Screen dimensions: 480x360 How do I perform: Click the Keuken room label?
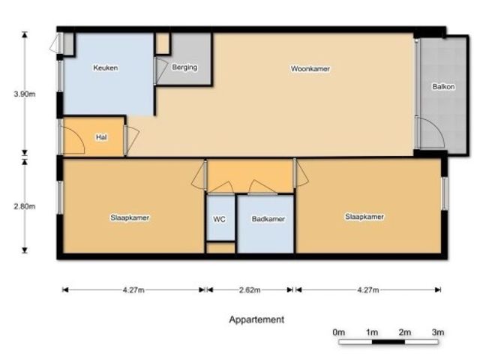[x=105, y=67]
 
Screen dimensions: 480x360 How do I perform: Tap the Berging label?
[x=184, y=67]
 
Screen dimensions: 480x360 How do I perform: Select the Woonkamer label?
[x=310, y=68]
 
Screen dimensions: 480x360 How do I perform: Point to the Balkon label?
[x=443, y=87]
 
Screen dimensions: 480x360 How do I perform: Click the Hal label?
[x=101, y=137]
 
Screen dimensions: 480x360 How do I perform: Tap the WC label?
[x=219, y=219]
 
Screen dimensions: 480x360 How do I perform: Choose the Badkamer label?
[x=268, y=219]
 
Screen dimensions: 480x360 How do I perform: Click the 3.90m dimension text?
[x=25, y=94]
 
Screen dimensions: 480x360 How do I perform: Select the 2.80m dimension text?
[x=25, y=206]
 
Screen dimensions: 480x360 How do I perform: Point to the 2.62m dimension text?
[x=250, y=290]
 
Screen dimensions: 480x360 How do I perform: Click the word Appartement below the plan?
[x=256, y=319]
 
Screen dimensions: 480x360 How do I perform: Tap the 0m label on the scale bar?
[x=338, y=332]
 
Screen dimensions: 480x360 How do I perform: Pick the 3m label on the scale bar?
[x=438, y=332]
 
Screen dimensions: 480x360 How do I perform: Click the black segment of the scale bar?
[x=388, y=342]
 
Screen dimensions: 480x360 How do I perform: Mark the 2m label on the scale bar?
[x=405, y=332]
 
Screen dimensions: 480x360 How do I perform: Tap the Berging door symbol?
[x=161, y=70]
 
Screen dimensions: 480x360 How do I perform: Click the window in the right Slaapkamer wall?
[x=445, y=193]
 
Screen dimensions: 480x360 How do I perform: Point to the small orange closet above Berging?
[x=163, y=43]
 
